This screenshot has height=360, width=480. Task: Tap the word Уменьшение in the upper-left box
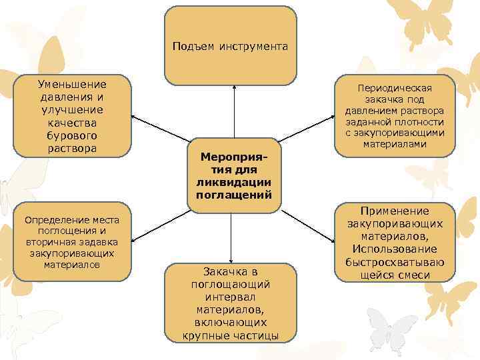(x=73, y=85)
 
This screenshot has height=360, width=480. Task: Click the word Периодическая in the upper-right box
(x=395, y=89)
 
